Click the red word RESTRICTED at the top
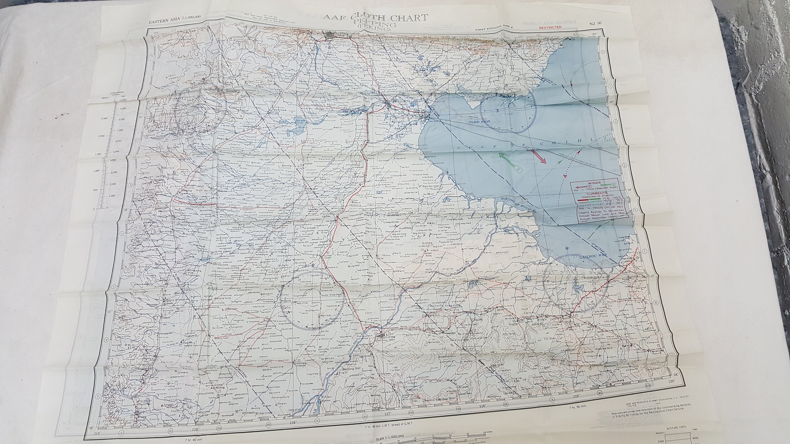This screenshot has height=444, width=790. click(x=550, y=27)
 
